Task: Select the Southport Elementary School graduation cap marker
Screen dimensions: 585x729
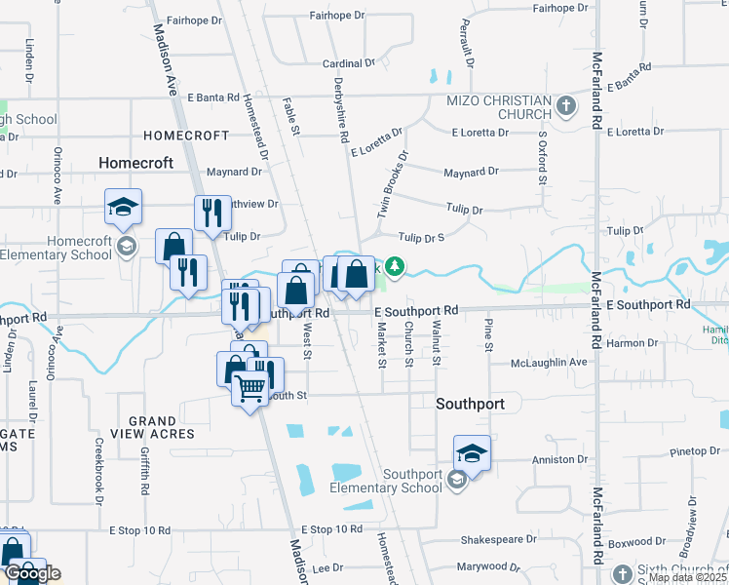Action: (x=472, y=453)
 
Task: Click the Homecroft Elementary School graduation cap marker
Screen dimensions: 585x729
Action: (x=124, y=207)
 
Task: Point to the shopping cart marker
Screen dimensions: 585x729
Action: (x=250, y=389)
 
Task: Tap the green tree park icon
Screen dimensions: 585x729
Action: (x=394, y=266)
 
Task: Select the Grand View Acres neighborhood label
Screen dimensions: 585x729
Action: (x=153, y=427)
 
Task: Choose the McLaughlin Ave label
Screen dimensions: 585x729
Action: (x=551, y=363)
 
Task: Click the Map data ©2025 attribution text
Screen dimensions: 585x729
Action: (x=686, y=578)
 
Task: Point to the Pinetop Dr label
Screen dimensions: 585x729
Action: (x=695, y=451)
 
